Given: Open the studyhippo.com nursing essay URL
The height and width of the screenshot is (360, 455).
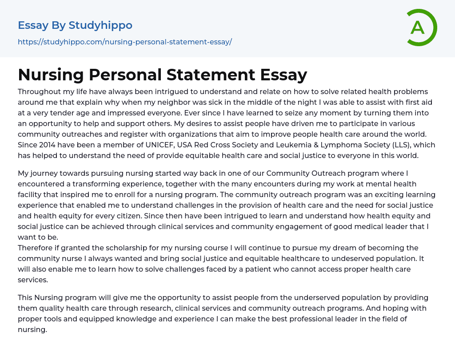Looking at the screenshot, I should click(125, 42).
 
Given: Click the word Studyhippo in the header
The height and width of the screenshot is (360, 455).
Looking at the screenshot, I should click(100, 25).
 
